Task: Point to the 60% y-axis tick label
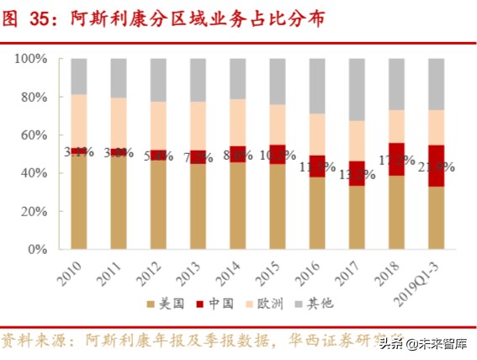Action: point(31,135)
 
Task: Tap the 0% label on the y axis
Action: point(34,249)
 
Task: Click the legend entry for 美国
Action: point(164,303)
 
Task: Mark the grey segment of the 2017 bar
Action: point(357,89)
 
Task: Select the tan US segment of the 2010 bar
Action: point(79,202)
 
